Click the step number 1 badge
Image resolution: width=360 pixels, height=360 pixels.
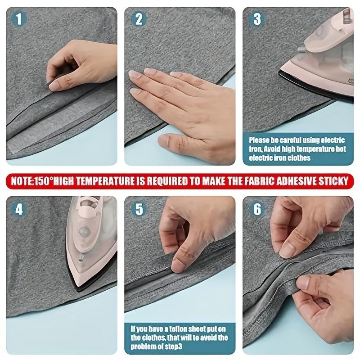coord(18,18)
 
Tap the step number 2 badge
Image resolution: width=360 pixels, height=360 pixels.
coord(139,18)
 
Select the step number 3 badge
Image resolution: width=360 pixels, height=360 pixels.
coord(257,18)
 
